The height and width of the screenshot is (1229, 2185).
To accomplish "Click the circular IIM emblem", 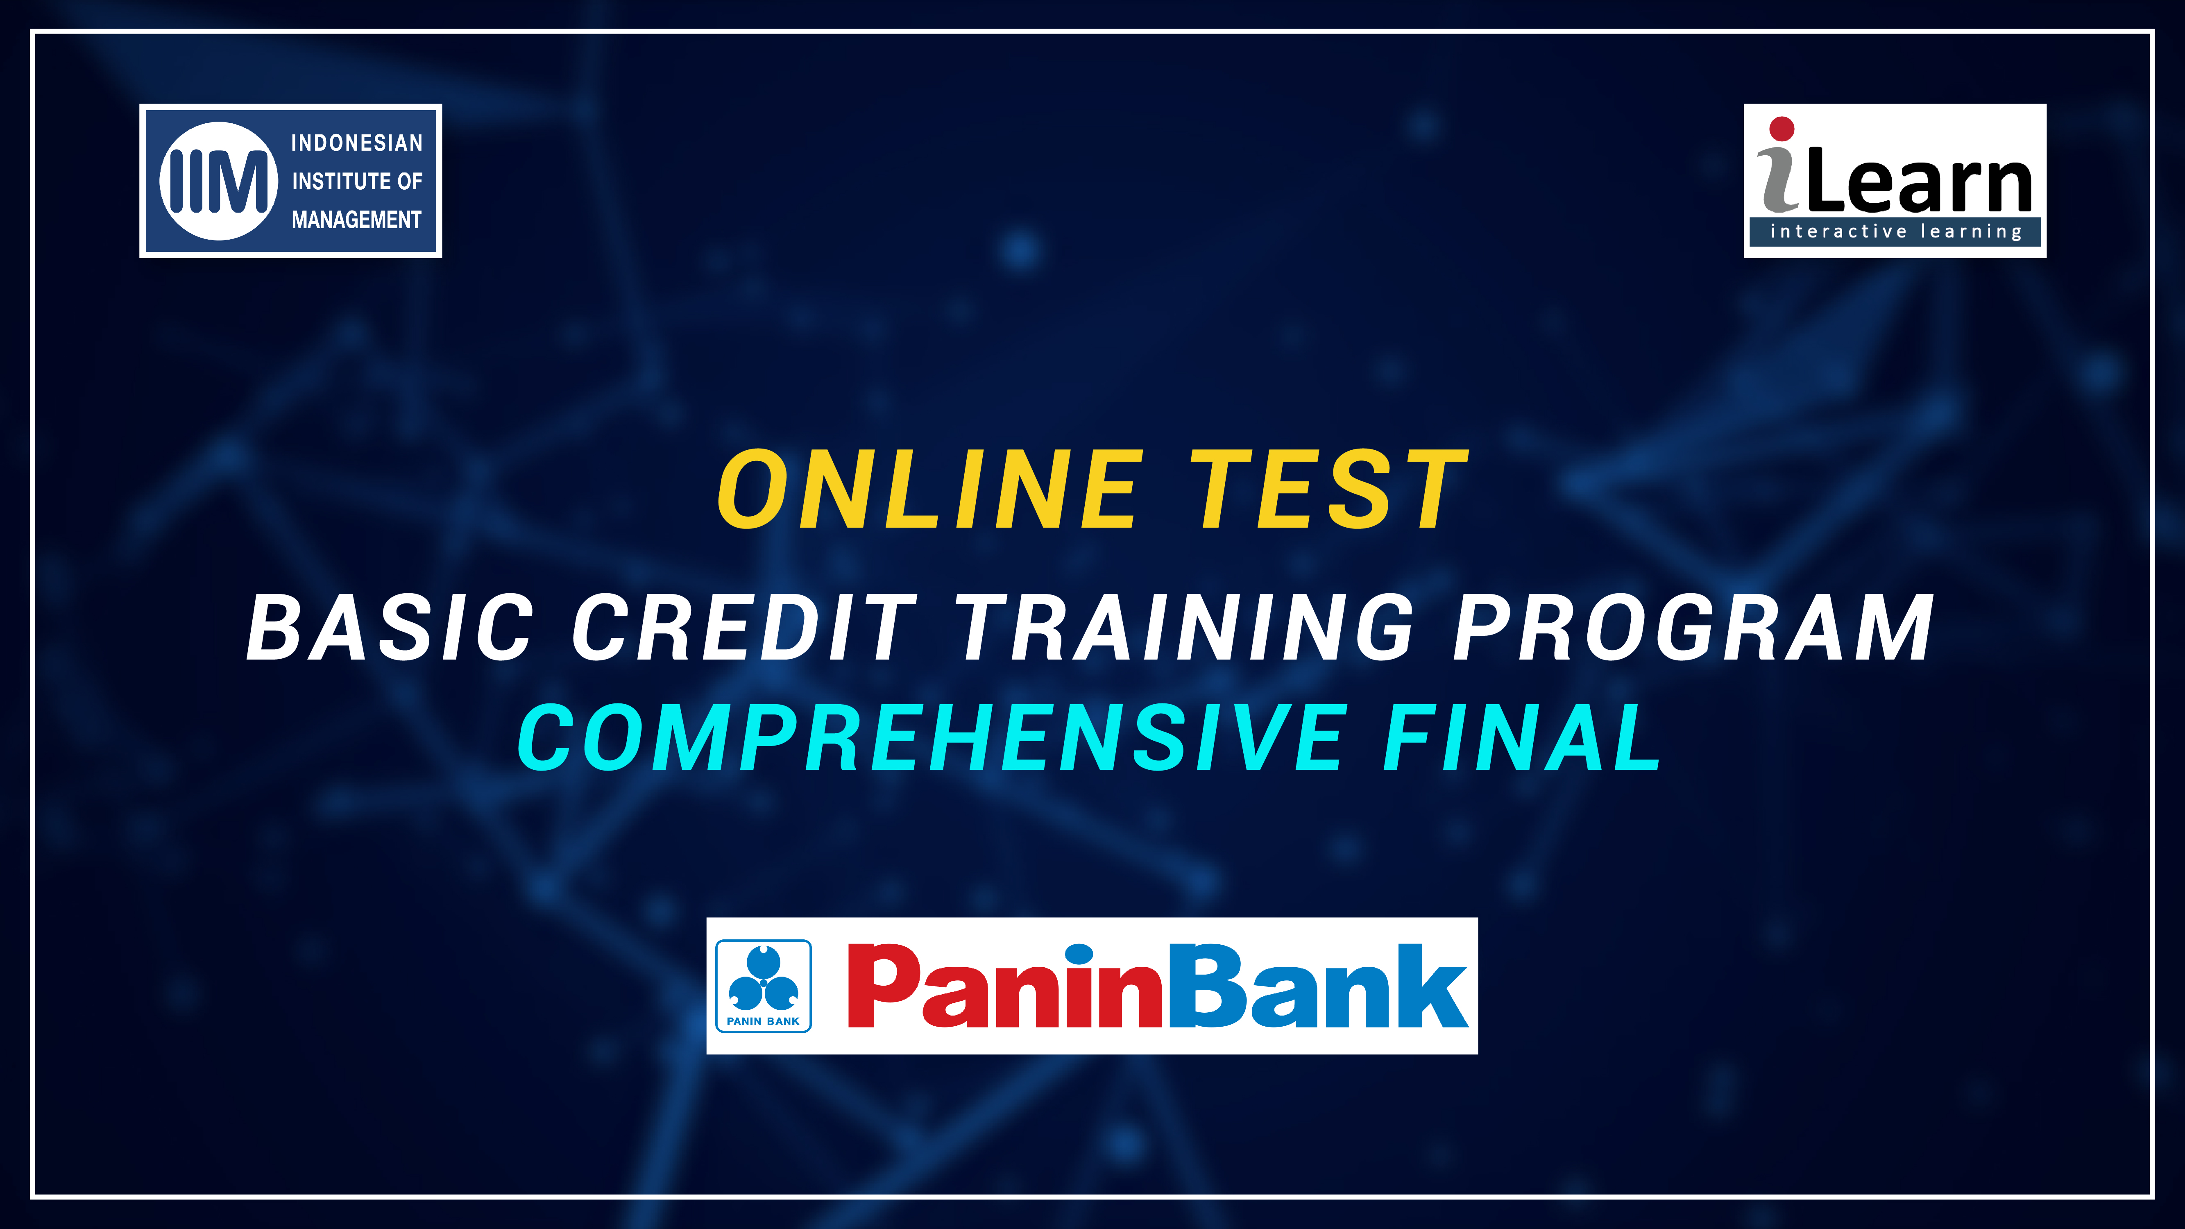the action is (219, 181).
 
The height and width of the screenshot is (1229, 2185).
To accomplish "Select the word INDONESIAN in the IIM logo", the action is (357, 143).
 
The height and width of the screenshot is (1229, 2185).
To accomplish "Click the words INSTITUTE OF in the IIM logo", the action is (357, 181).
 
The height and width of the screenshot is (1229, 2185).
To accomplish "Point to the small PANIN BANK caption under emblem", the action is (764, 1021).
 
